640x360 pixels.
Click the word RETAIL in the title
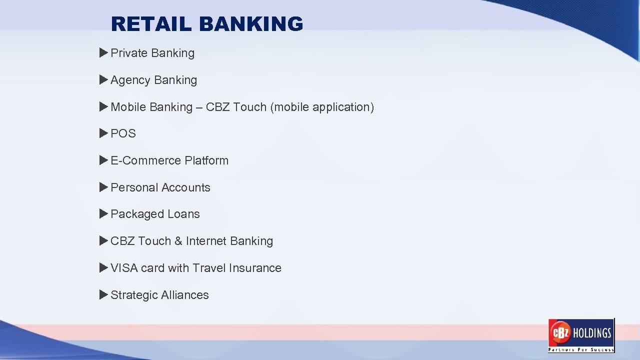point(151,24)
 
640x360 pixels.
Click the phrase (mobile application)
point(322,107)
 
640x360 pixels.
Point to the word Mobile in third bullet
point(126,107)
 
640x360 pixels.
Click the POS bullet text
point(123,133)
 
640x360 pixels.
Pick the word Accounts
point(185,187)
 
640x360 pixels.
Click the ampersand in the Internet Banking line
point(178,241)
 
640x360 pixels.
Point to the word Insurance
point(255,268)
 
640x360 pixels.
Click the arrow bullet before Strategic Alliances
point(103,294)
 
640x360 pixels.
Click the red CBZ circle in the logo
point(559,332)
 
